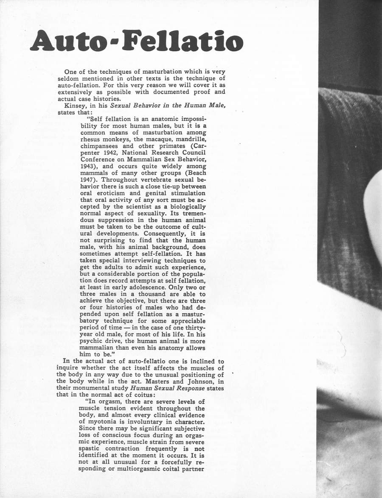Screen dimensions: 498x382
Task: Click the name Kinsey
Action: (x=75, y=106)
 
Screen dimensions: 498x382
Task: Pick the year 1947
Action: (x=89, y=180)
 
